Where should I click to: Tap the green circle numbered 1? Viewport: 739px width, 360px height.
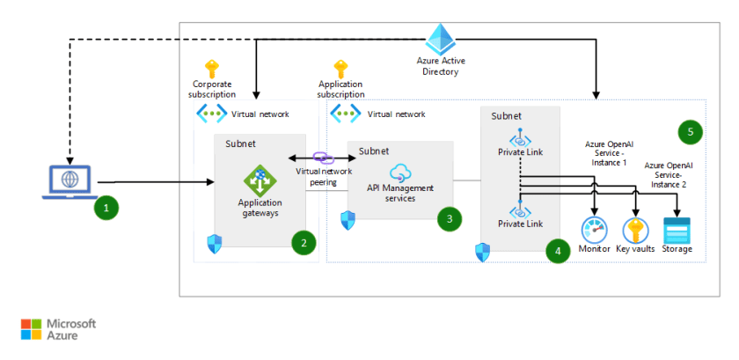(106, 209)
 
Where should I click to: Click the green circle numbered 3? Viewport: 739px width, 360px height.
(450, 219)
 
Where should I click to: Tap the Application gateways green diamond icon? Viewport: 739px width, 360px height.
(260, 181)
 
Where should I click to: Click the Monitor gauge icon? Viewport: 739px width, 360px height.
(594, 230)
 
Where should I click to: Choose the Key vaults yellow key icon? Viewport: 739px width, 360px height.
(635, 230)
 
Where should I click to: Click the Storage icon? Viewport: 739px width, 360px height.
(677, 230)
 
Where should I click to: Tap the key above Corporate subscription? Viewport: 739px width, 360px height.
(212, 69)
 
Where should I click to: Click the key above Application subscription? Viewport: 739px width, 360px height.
(340, 69)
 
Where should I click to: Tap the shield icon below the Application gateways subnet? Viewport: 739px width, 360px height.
(211, 244)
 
